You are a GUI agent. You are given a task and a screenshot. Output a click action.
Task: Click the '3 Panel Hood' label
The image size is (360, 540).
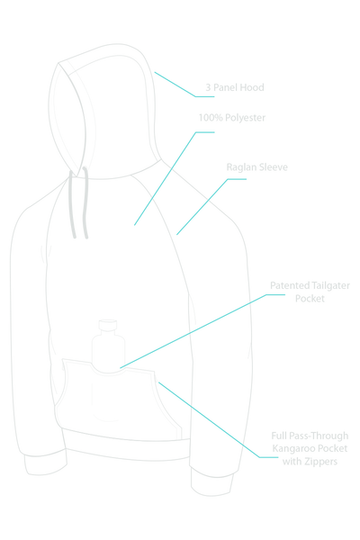[235, 87]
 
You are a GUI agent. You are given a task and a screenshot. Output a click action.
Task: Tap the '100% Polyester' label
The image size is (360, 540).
[232, 118]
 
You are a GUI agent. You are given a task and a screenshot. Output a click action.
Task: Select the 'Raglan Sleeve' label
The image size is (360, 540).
[257, 167]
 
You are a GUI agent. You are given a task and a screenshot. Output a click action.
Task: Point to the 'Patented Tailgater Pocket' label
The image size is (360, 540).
[310, 292]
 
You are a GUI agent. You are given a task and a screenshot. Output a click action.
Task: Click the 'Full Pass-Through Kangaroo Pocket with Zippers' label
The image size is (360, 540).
[310, 449]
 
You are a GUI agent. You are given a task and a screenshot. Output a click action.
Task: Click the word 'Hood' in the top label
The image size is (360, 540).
[252, 87]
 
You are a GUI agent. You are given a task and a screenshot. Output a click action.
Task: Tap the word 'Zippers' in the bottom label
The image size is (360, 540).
[321, 462]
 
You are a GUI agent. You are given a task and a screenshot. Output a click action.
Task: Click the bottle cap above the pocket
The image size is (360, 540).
[108, 325]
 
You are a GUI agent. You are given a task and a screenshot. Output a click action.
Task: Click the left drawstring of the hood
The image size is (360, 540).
[72, 203]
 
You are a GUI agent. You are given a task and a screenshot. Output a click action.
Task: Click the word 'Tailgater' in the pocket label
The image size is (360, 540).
[330, 286]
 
